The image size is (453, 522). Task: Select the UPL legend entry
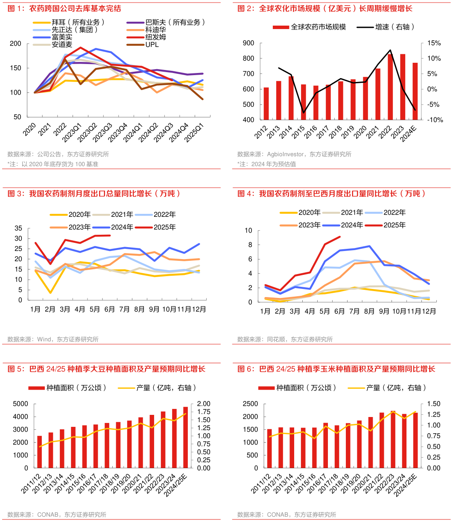click(x=152, y=44)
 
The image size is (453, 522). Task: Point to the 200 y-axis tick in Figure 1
click(x=15, y=44)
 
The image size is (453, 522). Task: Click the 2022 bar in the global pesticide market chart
click(x=390, y=87)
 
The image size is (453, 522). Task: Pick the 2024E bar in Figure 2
click(x=415, y=91)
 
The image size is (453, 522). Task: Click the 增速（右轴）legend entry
click(x=395, y=27)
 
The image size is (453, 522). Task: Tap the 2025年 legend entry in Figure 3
click(x=165, y=227)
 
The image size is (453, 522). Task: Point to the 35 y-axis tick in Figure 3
click(x=18, y=228)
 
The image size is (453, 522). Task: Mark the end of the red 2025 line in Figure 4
click(x=340, y=236)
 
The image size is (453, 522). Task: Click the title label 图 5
click(x=16, y=369)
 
